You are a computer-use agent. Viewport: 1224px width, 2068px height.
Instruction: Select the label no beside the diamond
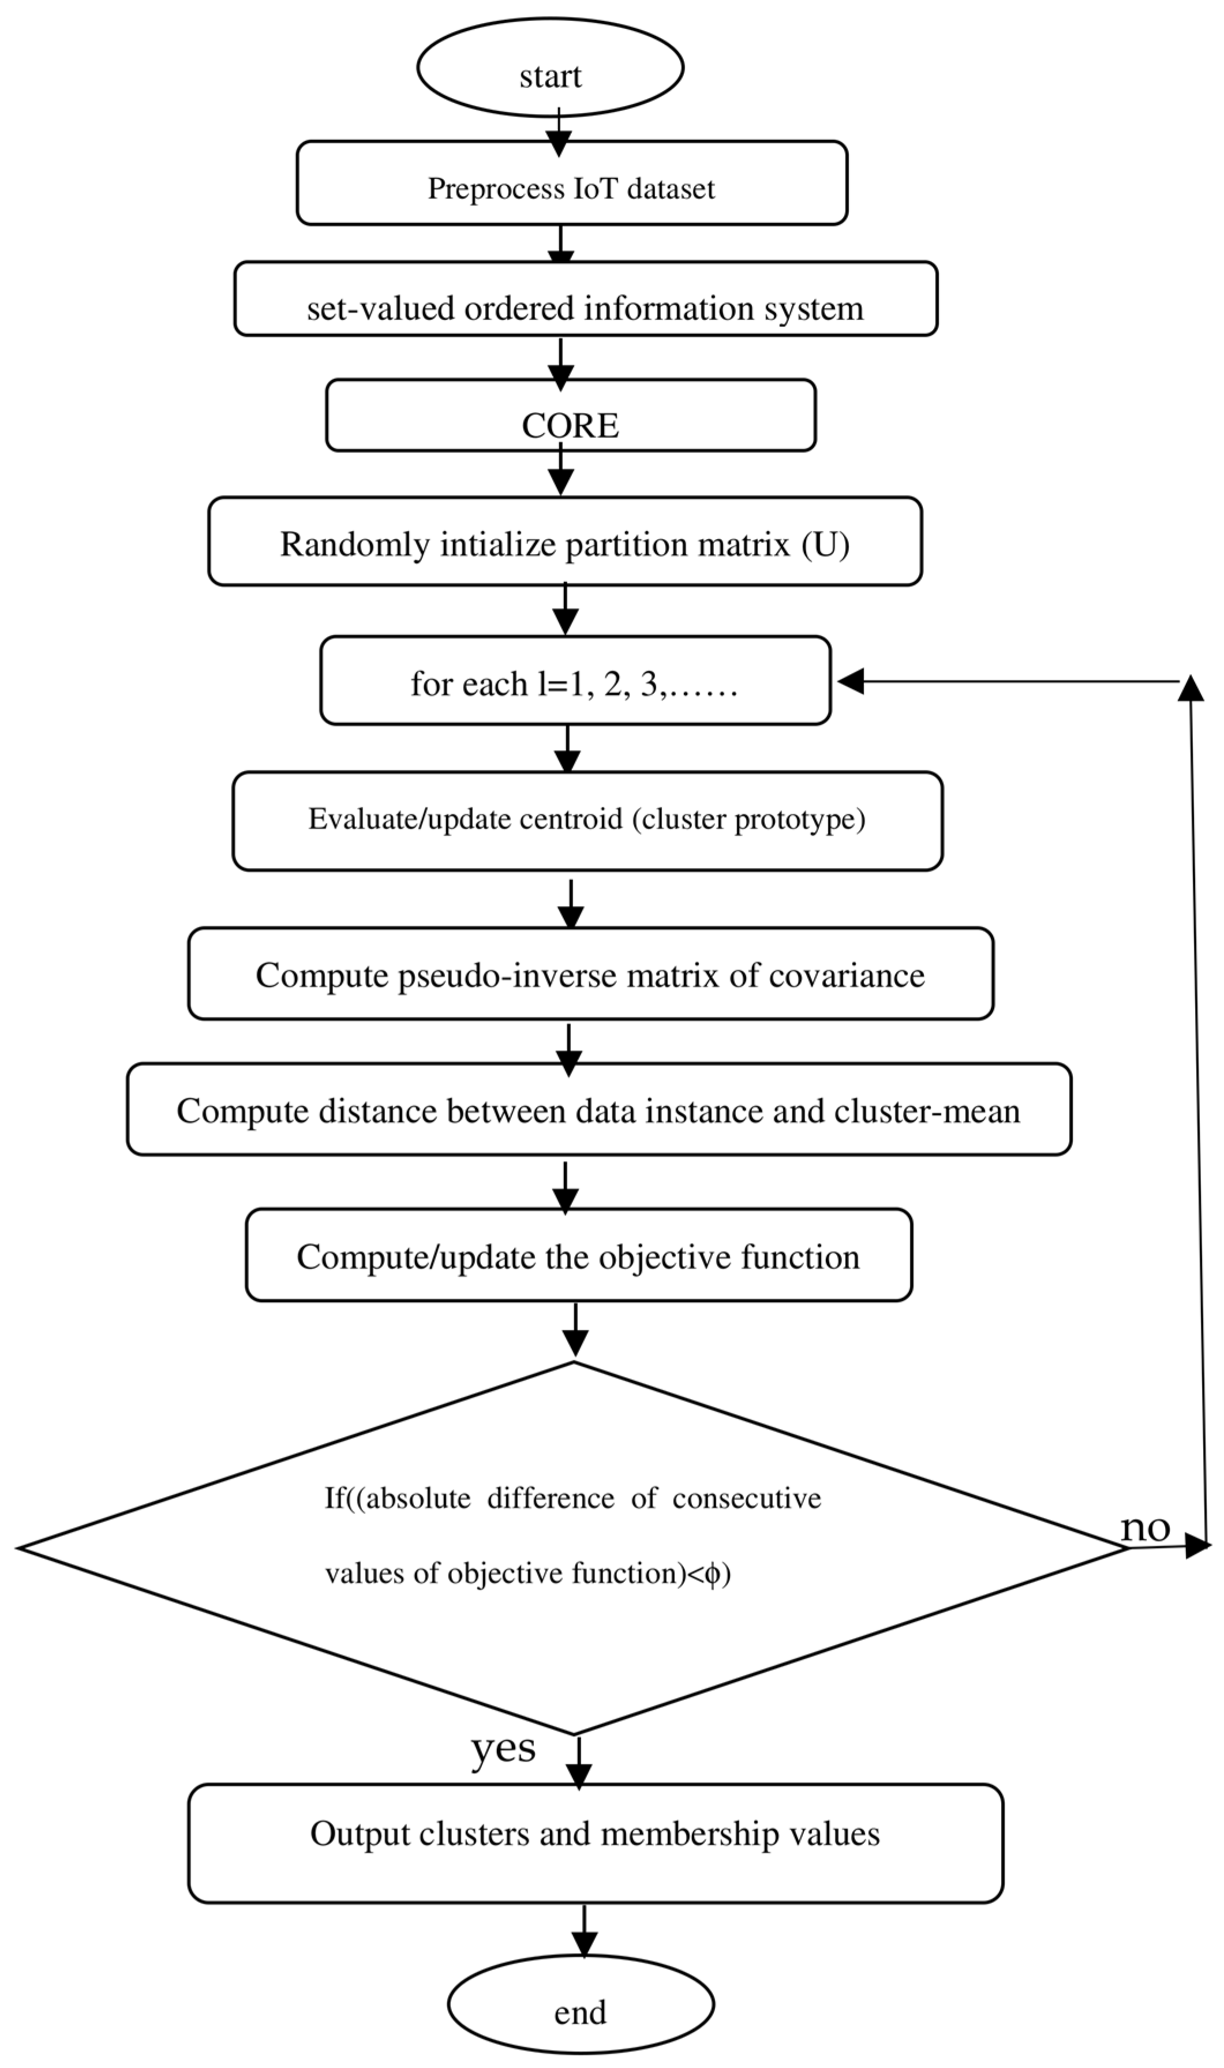click(x=1145, y=1528)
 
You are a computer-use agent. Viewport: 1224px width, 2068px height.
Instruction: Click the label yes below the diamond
click(x=503, y=1747)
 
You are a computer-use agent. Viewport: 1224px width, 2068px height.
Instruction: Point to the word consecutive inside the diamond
click(x=746, y=1498)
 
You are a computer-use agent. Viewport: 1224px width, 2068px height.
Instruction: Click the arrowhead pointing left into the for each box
click(x=849, y=682)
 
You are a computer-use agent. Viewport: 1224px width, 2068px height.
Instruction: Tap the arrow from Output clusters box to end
click(x=584, y=1929)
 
